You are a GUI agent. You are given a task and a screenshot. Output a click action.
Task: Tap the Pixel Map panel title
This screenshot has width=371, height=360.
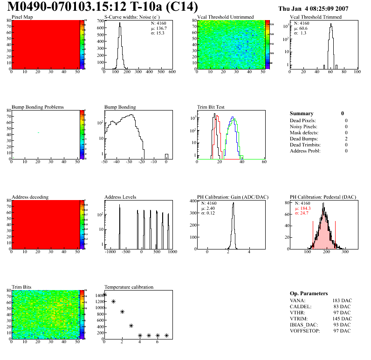pos(22,17)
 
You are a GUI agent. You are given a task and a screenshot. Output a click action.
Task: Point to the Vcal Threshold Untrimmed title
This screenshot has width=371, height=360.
pos(226,17)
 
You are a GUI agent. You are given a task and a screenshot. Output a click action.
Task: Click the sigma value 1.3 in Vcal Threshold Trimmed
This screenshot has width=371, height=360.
pos(303,33)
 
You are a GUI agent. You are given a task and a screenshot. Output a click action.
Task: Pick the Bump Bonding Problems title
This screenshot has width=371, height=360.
pos(38,107)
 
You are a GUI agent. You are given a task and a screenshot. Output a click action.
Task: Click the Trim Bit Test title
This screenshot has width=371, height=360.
pos(211,107)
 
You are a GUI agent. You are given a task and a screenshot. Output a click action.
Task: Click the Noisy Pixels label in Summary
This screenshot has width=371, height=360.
pos(303,126)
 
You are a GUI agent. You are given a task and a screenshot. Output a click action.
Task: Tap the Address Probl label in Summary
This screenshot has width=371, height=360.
pos(305,151)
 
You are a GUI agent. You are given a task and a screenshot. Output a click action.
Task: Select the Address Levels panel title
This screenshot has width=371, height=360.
pos(120,197)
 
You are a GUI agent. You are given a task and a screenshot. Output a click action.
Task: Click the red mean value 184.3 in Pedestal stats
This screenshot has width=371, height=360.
pos(306,208)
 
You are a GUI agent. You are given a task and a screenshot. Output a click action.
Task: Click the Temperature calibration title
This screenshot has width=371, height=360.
pos(129,287)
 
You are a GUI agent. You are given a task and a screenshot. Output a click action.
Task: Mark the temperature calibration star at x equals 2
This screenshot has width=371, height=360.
pos(122,312)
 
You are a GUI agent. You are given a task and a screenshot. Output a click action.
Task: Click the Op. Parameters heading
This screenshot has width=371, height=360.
pos(309,293)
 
